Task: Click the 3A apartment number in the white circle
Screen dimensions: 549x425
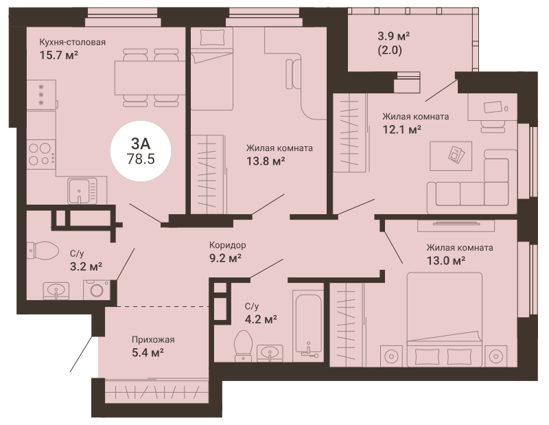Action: point(141,143)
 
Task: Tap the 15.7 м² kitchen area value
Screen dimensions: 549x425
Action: point(59,55)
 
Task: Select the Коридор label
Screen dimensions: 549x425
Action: point(228,245)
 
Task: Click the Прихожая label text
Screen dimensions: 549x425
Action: point(153,339)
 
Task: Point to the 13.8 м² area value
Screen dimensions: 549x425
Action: point(266,161)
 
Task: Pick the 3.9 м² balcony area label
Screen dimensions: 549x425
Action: point(393,36)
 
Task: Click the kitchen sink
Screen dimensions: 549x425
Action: point(82,191)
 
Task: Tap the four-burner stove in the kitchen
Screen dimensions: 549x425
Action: point(41,154)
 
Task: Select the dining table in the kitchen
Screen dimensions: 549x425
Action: point(150,78)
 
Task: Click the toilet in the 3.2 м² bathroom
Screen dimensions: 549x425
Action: point(43,250)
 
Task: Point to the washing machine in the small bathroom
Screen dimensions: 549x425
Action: point(96,290)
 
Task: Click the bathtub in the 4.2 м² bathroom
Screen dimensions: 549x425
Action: point(308,321)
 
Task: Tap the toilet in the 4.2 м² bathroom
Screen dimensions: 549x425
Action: point(244,345)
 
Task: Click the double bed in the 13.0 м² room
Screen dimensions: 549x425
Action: point(445,319)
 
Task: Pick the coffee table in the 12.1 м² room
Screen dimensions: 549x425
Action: point(451,156)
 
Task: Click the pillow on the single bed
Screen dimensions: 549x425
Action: point(212,37)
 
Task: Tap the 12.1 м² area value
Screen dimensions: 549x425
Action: point(401,130)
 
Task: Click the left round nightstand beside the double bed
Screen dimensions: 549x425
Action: point(391,356)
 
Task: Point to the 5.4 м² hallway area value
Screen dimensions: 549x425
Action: point(148,352)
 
